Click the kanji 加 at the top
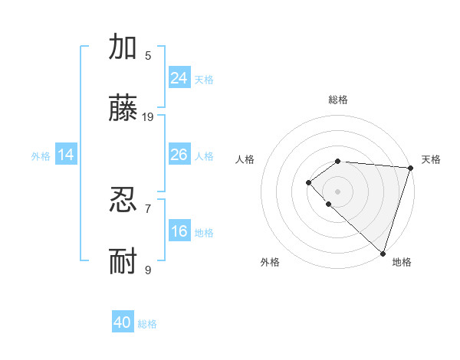[x=123, y=47]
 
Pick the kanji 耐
[x=123, y=263]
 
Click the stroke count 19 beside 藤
[x=148, y=117]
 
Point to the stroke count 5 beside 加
[x=148, y=55]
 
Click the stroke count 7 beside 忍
[x=148, y=208]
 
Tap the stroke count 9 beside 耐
[x=148, y=270]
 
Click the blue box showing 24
[x=179, y=77]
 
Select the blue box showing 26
[x=179, y=155]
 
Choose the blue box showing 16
[x=179, y=231]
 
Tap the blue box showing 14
[x=66, y=155]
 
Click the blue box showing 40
[x=123, y=322]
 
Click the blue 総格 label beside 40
[x=147, y=324]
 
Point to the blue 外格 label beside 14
[x=41, y=156]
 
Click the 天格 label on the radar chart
[x=431, y=159]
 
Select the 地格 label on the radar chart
[x=402, y=262]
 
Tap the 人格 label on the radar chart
[x=245, y=159]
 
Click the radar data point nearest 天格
[x=410, y=168]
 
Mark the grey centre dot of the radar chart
[x=337, y=191]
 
